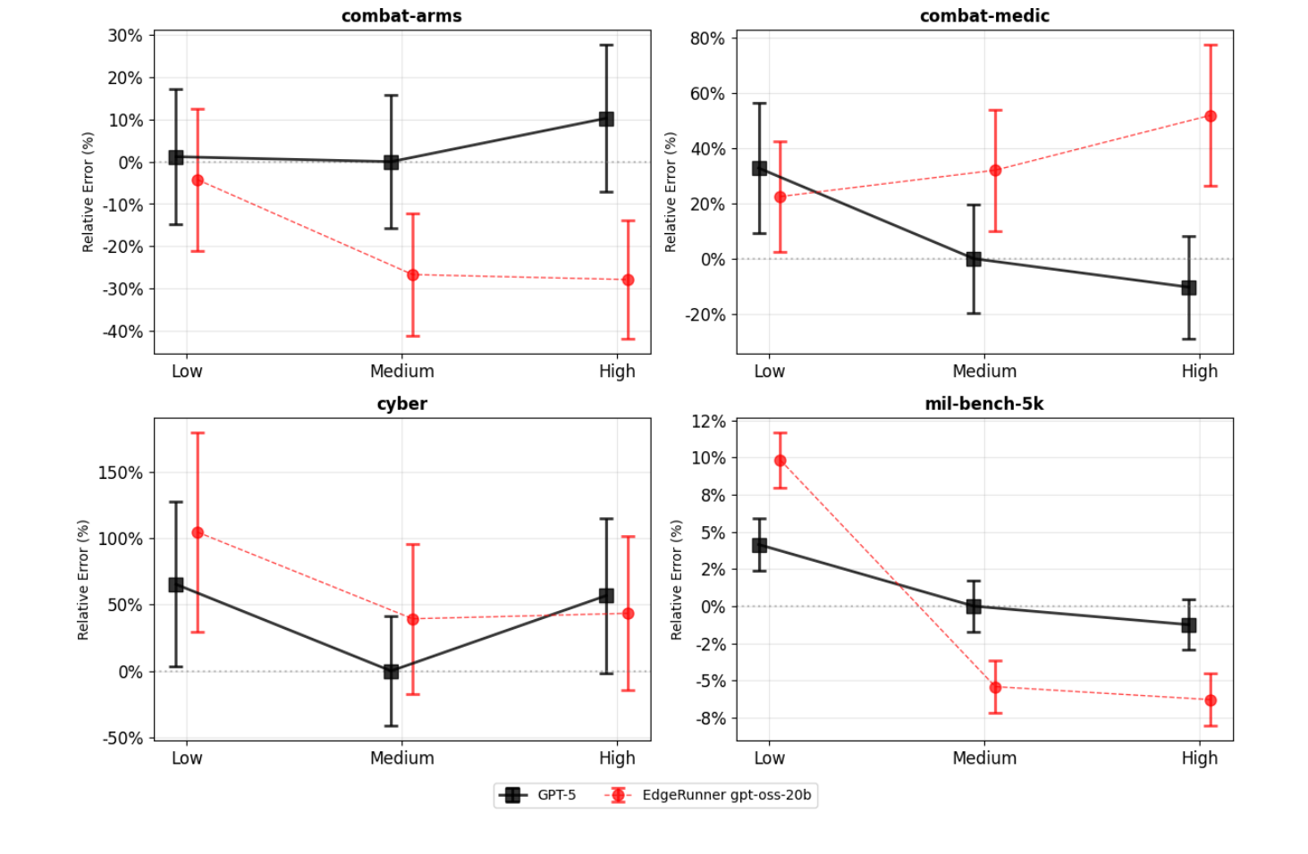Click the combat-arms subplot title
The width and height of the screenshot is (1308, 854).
coord(401,16)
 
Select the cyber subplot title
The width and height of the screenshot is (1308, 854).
coord(401,404)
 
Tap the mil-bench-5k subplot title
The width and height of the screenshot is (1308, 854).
coord(983,404)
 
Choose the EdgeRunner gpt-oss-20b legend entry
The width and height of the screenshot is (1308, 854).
coord(708,795)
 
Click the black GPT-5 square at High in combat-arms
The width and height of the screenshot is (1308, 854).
coord(606,119)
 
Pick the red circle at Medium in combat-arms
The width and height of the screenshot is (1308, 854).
coord(413,275)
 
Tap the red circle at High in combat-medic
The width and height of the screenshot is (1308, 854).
coord(1211,116)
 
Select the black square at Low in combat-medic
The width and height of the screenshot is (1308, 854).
coord(759,168)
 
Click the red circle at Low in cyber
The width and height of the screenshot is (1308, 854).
coord(198,532)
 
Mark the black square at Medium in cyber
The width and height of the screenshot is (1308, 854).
coord(391,671)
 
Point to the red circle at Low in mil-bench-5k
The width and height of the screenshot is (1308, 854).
coord(781,461)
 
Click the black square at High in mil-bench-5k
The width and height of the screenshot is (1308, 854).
coord(1189,625)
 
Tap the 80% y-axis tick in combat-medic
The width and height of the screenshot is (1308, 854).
coord(707,38)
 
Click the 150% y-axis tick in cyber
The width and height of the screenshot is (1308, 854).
coord(120,473)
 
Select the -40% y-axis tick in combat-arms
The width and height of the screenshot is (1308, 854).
coord(122,331)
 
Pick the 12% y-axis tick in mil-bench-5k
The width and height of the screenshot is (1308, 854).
coord(708,421)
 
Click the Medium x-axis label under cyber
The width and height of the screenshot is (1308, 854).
coord(401,758)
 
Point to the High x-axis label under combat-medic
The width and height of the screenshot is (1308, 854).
coord(1199,372)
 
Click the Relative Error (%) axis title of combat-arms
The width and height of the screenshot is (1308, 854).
coord(88,192)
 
